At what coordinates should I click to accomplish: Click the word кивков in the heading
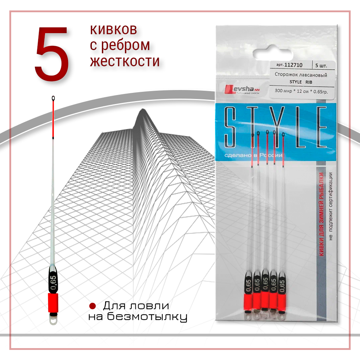[113, 30]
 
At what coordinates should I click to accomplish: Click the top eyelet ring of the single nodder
[53, 98]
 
